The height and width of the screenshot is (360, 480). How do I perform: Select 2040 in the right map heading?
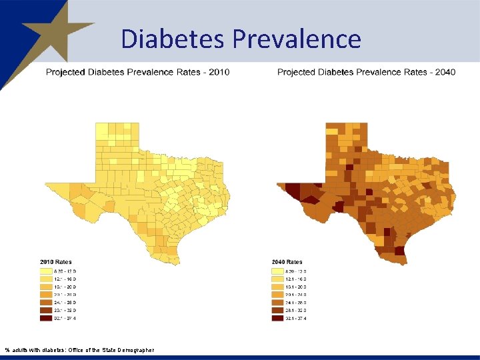445,71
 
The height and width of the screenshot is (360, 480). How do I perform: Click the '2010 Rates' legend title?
56,262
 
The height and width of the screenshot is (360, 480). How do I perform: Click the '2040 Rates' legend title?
287,262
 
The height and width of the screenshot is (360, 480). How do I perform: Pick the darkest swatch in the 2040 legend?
277,318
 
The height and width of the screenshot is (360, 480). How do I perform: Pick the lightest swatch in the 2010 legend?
46,271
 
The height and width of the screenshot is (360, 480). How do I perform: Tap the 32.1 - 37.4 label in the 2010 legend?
65,318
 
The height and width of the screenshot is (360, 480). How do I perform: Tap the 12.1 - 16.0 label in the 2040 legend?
297,279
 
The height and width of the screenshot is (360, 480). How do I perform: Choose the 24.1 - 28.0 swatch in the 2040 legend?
277,302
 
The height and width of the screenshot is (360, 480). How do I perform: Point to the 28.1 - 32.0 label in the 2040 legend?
297,310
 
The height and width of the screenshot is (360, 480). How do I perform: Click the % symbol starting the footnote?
7,350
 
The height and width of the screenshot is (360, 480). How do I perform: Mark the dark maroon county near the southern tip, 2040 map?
399,251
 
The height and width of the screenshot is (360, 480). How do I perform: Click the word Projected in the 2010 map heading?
66,71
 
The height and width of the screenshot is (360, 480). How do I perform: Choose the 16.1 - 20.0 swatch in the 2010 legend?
46,287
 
